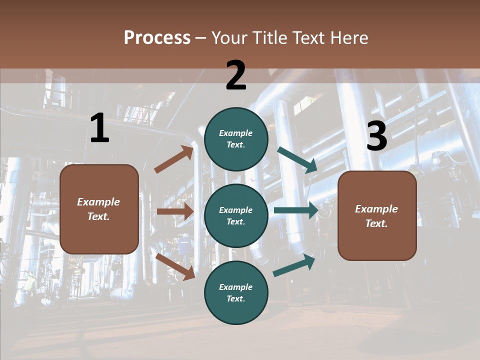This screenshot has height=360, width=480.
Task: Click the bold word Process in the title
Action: point(157,38)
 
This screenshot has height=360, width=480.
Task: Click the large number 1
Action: point(99,128)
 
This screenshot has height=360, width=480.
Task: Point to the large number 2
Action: point(236,75)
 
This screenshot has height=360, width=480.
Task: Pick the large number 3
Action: point(376,136)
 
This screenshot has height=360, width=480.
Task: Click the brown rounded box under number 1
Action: point(99,209)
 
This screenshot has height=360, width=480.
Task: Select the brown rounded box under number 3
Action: point(377,216)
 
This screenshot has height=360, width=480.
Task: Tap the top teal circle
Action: point(236,139)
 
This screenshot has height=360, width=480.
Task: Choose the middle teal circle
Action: point(236,215)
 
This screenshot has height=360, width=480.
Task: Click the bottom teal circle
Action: point(236,292)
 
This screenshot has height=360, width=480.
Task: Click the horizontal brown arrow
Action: point(175,211)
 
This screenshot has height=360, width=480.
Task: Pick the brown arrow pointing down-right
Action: point(175,266)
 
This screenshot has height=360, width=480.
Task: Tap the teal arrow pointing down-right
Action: point(297,160)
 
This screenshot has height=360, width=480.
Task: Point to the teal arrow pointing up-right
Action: point(294,265)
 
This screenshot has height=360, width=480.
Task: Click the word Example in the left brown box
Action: point(98,202)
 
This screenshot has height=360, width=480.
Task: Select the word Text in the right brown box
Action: point(376,223)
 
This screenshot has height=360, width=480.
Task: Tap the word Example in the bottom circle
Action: point(236,287)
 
